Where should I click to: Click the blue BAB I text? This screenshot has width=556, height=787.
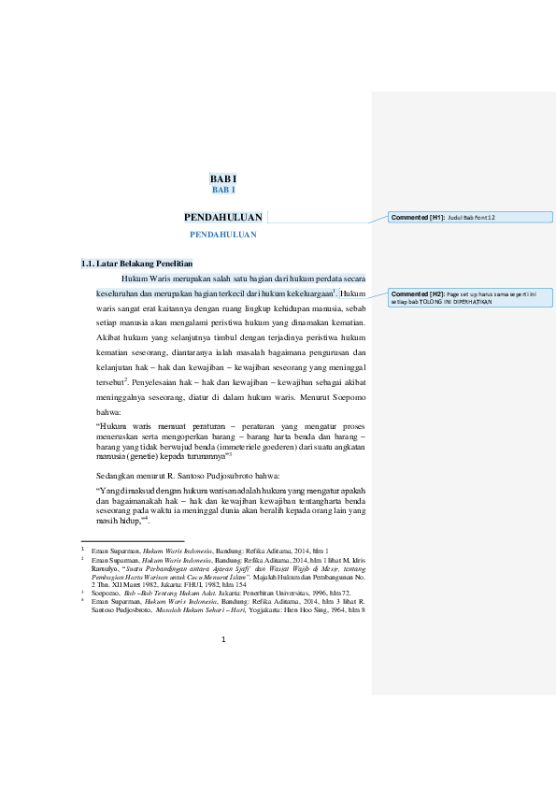tap(223, 190)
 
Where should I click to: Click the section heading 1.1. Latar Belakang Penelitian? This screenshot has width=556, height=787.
tap(137, 264)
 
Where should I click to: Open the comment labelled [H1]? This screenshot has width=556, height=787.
tap(471, 217)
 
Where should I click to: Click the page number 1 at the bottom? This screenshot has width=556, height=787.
tap(224, 639)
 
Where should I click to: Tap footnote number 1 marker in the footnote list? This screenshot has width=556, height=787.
tap(83, 551)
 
